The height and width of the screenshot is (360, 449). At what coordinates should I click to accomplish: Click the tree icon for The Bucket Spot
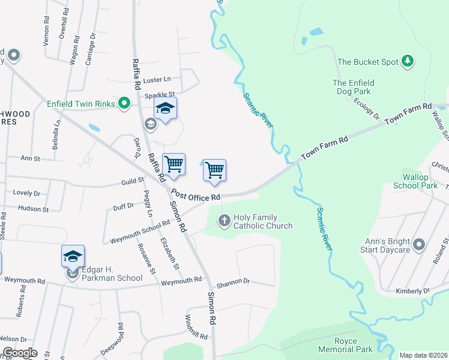pos(408,61)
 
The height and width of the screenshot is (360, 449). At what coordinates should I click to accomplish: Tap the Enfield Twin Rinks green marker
pos(125,104)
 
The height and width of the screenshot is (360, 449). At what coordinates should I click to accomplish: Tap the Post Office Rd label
pos(196,196)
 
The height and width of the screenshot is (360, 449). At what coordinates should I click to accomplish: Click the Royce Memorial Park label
pos(354,345)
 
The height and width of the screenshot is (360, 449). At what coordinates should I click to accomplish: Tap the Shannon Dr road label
pos(232,281)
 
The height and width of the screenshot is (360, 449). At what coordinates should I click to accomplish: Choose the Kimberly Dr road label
pos(412,291)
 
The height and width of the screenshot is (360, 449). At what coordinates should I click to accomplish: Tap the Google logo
pos(19,353)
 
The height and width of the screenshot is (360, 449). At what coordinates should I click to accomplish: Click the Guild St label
pos(133,180)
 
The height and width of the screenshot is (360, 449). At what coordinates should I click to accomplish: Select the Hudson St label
pos(34,209)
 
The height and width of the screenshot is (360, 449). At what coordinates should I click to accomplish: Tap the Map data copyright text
pos(423,355)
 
